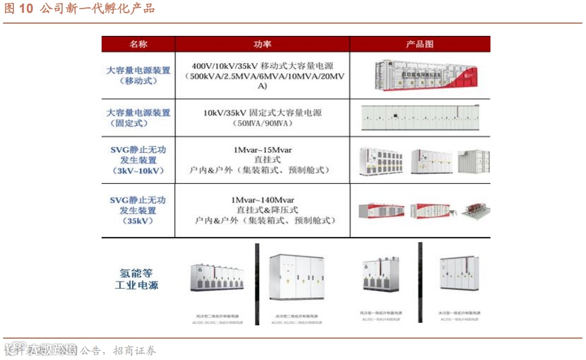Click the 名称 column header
point(138,44)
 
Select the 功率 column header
point(262,44)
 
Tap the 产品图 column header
point(420,44)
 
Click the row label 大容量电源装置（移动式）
point(138,75)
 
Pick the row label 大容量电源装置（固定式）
point(138,117)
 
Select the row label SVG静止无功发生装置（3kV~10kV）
point(138,160)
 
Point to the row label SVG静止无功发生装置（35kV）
point(138,210)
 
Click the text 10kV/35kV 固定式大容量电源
point(262,112)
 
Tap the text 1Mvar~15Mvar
point(262,150)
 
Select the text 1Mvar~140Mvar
point(262,200)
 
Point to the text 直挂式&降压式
point(262,210)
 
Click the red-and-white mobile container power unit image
point(425,75)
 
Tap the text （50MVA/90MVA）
point(262,123)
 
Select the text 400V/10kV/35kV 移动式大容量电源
point(262,66)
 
